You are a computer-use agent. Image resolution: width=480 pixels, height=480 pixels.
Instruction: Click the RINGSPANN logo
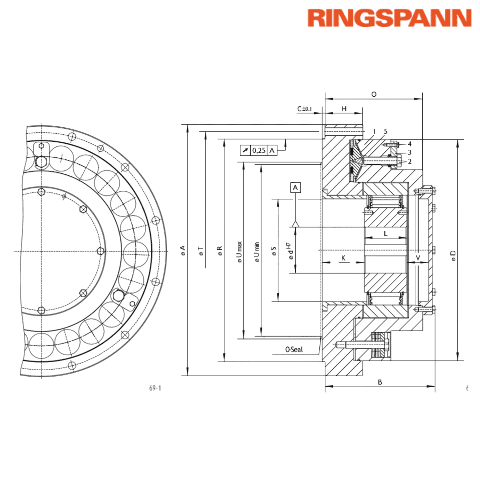[389, 18]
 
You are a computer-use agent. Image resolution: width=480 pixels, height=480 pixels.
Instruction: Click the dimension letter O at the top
[374, 94]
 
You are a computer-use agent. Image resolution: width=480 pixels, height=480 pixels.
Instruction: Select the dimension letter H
[344, 109]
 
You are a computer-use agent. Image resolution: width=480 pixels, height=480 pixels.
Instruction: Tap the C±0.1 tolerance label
[304, 109]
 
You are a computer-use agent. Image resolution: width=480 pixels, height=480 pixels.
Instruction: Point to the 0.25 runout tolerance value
[259, 150]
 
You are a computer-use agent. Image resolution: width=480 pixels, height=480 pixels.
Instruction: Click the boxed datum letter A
[295, 188]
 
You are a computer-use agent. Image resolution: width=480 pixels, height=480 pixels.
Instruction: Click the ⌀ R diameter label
[220, 251]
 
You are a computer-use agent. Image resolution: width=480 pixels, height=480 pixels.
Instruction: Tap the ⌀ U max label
[240, 252]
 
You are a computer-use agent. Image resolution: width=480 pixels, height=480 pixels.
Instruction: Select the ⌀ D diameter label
[453, 255]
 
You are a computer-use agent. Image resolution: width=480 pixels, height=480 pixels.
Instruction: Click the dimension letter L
[385, 233]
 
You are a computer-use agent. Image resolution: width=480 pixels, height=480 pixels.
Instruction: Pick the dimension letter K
[343, 258]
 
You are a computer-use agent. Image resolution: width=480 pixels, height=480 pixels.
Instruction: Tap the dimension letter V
[418, 258]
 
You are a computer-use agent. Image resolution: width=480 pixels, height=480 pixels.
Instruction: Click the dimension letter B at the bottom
[380, 382]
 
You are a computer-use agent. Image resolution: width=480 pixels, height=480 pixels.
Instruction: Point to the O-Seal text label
[294, 349]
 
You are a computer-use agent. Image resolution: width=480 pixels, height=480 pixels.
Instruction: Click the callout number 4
[410, 144]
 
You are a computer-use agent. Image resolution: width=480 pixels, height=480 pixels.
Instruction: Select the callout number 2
[410, 162]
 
